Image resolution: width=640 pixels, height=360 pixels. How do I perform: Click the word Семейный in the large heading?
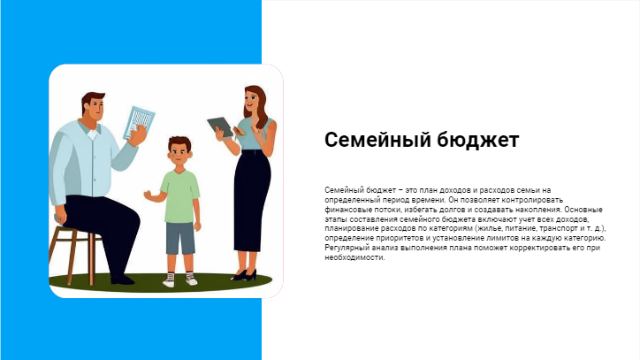coord(377,140)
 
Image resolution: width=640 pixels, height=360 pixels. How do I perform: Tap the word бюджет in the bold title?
coord(478,140)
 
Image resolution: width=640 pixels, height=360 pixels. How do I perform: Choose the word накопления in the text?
coord(540,210)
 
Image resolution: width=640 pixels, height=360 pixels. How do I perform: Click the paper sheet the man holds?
coord(139,122)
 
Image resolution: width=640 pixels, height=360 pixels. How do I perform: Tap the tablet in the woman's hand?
coord(221,126)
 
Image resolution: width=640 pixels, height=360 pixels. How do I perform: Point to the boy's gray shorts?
coord(180,238)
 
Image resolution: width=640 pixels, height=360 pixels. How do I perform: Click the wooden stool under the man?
coord(72,254)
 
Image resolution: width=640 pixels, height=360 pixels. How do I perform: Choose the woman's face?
coord(251,100)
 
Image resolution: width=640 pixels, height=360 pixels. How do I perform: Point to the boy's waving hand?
coord(148,195)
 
